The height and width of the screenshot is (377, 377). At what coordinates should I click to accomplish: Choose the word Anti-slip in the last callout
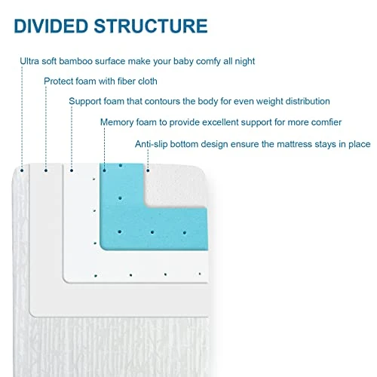tap(154, 143)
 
